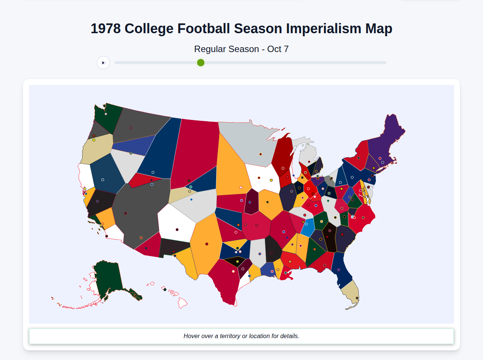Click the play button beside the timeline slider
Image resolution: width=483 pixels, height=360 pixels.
(x=103, y=63)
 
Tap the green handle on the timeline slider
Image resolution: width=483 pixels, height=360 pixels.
(x=201, y=63)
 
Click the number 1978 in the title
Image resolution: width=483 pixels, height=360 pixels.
(x=106, y=29)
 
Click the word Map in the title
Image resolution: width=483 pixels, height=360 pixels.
(x=378, y=29)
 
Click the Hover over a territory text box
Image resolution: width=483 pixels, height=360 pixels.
(x=241, y=336)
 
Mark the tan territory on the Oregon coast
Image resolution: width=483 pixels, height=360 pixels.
(x=96, y=149)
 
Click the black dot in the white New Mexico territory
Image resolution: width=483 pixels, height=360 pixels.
(x=177, y=229)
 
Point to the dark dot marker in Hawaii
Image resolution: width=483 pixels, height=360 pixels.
(x=165, y=289)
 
